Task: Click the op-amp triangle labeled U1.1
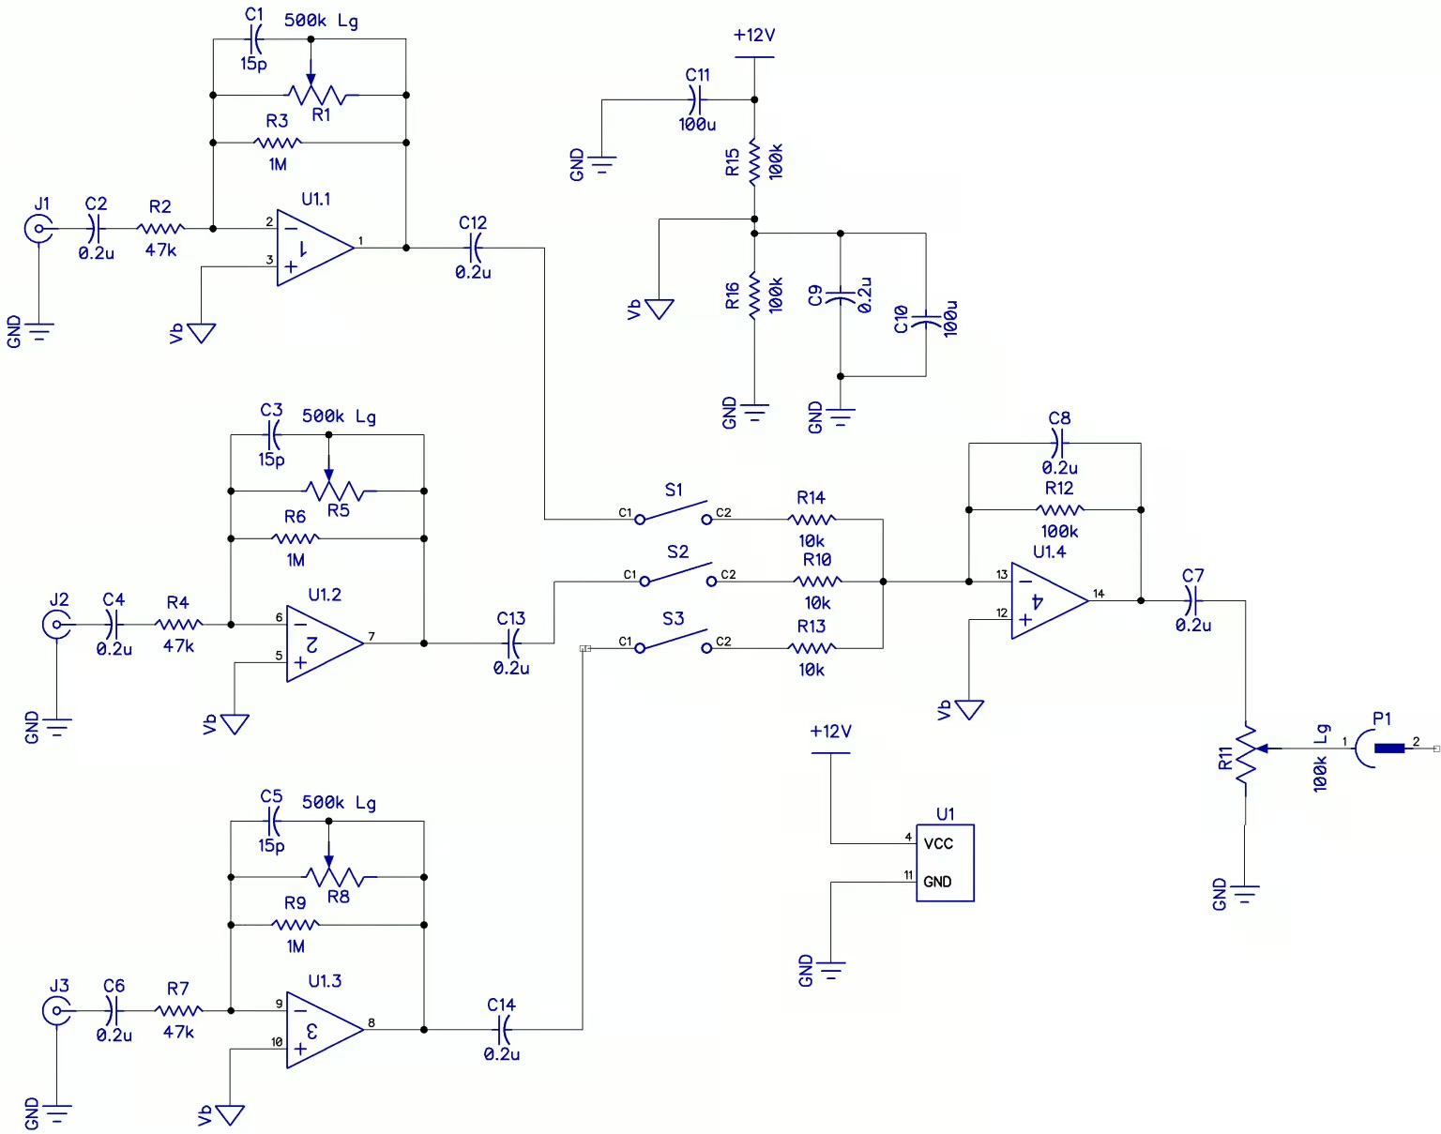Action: pos(311,248)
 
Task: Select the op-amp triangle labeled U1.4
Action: pos(1045,601)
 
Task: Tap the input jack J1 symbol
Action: pos(38,228)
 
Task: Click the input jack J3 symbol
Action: pos(56,1010)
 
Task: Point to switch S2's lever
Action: pos(677,573)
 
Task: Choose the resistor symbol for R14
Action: pos(812,519)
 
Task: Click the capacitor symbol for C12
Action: pos(474,248)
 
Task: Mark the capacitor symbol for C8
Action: pos(1059,443)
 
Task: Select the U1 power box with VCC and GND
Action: pos(945,863)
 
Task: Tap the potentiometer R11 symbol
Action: pos(1246,756)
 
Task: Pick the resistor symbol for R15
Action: pos(754,161)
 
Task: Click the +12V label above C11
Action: pos(754,36)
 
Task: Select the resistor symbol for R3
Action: pos(278,143)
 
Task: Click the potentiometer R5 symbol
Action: pos(333,490)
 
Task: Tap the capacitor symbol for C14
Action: pos(502,1030)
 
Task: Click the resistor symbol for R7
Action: pos(178,1010)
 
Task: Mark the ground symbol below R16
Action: pos(754,410)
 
